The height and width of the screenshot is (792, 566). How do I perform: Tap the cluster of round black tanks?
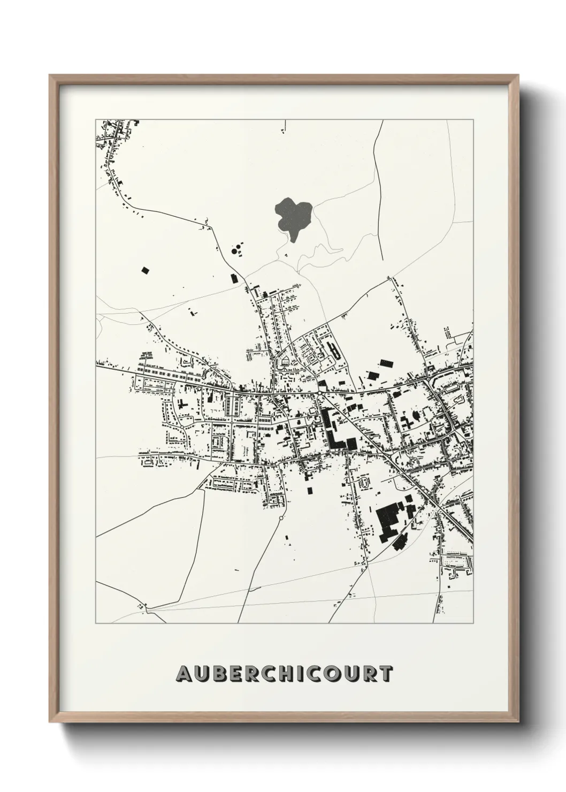(236, 249)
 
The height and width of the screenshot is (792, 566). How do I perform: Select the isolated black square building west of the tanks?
(144, 270)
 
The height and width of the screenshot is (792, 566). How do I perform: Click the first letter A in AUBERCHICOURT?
(183, 674)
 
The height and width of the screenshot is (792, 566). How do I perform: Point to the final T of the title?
(385, 674)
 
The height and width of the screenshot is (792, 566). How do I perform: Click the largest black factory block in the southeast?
(388, 517)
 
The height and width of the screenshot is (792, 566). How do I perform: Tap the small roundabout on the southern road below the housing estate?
(280, 518)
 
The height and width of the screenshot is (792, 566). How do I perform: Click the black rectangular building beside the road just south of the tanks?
(233, 278)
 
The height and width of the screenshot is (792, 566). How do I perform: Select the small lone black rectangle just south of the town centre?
(310, 490)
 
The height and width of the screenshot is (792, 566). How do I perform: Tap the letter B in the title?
(218, 674)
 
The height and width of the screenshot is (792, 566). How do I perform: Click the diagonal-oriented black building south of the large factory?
(399, 544)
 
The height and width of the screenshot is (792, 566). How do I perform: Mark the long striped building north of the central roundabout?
(335, 351)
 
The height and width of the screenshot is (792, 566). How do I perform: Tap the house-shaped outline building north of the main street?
(285, 362)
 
